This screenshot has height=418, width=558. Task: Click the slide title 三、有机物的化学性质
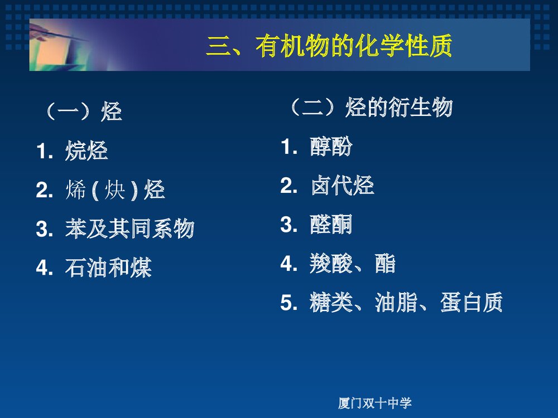point(329,47)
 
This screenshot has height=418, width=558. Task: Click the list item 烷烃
point(86,152)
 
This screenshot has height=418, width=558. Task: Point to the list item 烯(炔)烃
point(115,191)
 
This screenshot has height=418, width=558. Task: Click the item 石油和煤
point(108,269)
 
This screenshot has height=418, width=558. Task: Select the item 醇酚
point(331,147)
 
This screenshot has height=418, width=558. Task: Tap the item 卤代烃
point(342,186)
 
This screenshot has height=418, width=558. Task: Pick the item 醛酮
point(331,225)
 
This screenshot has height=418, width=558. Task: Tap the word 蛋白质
point(472,303)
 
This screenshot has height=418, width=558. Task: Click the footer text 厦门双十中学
point(375,403)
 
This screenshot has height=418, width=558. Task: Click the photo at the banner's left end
point(61,45)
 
